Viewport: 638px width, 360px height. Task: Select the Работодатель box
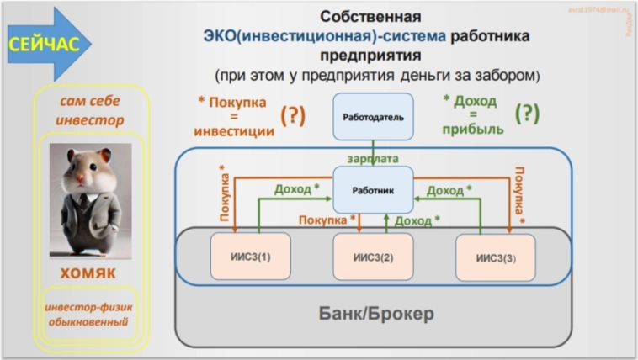373,116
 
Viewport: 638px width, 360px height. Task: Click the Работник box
373,189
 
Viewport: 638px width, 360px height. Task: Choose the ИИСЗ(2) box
373,257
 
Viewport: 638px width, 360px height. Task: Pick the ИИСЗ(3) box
495,257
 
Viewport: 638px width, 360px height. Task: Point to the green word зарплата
373,157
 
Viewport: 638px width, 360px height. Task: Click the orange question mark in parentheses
293,115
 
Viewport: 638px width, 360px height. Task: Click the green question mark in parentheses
528,113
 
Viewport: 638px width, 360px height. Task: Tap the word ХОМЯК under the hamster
88,274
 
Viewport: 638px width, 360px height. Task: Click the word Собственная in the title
370,16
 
